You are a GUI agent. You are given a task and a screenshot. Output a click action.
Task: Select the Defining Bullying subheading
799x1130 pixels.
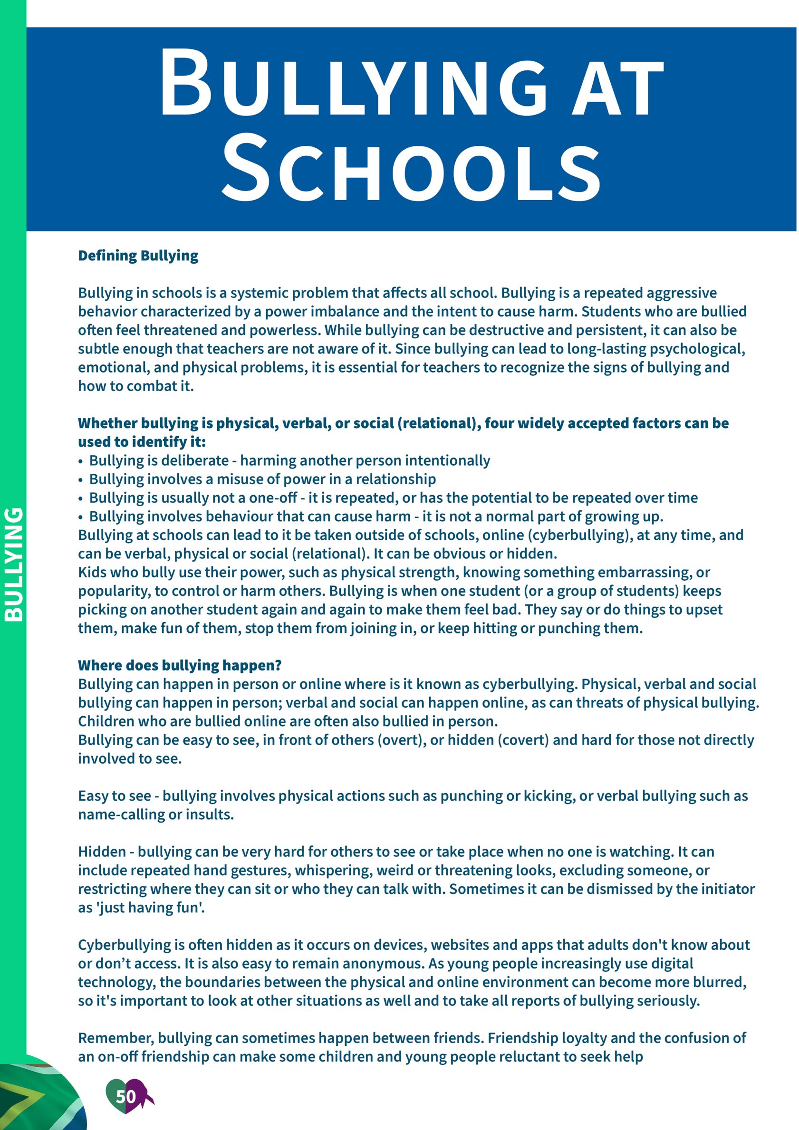point(138,256)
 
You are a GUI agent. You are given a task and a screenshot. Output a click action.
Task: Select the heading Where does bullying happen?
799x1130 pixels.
point(180,665)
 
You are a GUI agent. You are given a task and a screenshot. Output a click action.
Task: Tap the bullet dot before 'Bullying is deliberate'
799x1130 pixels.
point(81,462)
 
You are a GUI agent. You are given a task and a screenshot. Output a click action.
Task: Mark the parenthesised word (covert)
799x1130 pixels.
point(523,740)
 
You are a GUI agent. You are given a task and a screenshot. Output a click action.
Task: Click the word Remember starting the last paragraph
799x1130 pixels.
point(116,1038)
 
